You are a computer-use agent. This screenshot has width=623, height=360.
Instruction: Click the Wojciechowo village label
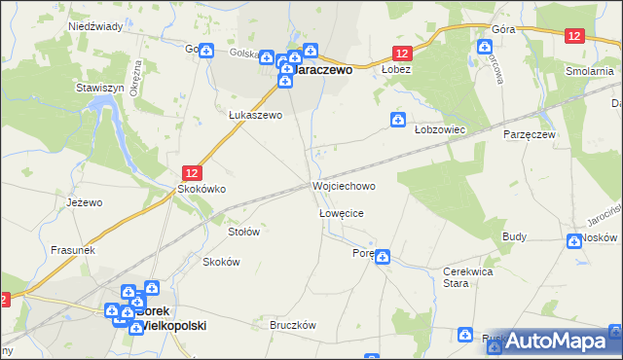(343, 186)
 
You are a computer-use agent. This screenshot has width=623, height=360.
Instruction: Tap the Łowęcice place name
(341, 213)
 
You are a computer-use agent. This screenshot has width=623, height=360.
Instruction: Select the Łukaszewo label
(255, 115)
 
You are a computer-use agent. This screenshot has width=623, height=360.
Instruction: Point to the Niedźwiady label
(95, 27)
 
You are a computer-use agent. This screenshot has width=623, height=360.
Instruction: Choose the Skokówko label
(201, 190)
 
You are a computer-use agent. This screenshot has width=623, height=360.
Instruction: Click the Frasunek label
(72, 250)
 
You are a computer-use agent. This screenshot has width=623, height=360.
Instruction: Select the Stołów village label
(243, 233)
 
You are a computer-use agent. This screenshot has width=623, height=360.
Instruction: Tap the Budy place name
(515, 236)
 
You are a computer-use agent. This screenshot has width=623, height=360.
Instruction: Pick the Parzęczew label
(530, 135)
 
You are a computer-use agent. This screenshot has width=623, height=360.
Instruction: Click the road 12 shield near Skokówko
(192, 171)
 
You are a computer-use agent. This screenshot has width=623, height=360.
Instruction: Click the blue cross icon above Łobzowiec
(398, 120)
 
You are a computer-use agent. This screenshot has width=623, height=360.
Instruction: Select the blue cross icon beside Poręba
(384, 257)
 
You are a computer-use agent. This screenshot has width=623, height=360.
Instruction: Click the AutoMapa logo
(557, 341)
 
